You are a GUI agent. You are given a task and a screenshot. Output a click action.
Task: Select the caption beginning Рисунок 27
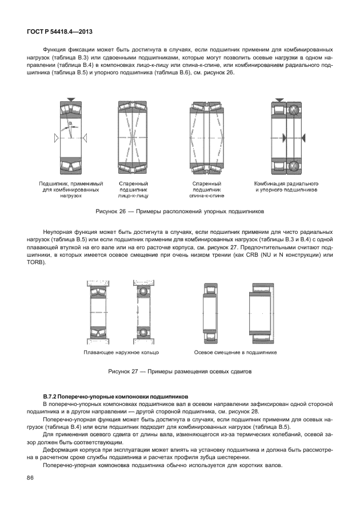pyautogui.click(x=179, y=372)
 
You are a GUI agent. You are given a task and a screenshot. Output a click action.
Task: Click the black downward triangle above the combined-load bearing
pyautogui.click(x=70, y=99)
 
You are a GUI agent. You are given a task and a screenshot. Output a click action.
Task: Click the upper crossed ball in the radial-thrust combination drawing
pyautogui.click(x=294, y=110)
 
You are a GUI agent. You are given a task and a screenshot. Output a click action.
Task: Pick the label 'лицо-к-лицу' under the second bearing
pyautogui.click(x=133, y=196)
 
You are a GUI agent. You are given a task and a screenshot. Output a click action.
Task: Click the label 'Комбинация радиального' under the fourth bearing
pyautogui.click(x=286, y=183)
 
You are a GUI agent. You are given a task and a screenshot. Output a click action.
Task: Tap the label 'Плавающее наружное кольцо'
pyautogui.click(x=121, y=353)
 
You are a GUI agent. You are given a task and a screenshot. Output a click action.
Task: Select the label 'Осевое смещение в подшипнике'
pyautogui.click(x=235, y=353)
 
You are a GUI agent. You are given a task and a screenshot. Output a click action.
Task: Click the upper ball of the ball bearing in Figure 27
pyautogui.click(x=142, y=292)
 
